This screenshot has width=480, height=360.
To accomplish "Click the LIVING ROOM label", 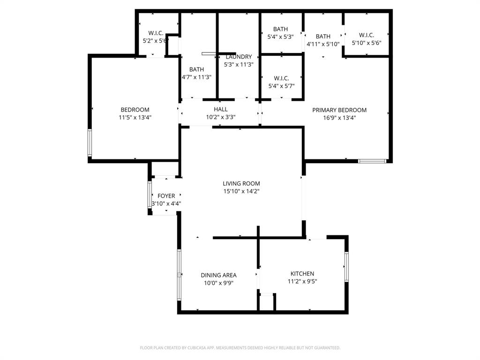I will point(241,183).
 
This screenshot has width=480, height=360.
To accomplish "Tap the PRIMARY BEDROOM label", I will point(339,110).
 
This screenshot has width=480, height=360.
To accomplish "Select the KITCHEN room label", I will point(302,274).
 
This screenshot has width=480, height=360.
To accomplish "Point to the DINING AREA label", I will point(218,275).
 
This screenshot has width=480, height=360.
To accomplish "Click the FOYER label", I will point(166,196).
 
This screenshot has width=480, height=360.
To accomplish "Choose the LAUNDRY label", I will point(239,57).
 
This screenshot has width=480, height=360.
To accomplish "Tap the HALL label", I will point(221,109).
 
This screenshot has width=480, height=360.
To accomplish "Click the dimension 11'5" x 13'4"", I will point(135,118).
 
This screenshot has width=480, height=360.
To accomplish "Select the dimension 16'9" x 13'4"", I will point(339,118).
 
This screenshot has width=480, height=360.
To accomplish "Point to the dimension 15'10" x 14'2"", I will point(241,191).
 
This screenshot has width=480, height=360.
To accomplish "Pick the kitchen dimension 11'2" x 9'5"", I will point(302,282).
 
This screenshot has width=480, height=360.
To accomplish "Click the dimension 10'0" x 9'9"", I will point(218,283).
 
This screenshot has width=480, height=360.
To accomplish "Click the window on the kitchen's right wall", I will point(347,267).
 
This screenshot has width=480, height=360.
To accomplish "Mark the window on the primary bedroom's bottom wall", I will point(372,161).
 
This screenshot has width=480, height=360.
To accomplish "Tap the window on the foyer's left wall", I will point(150,195).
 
